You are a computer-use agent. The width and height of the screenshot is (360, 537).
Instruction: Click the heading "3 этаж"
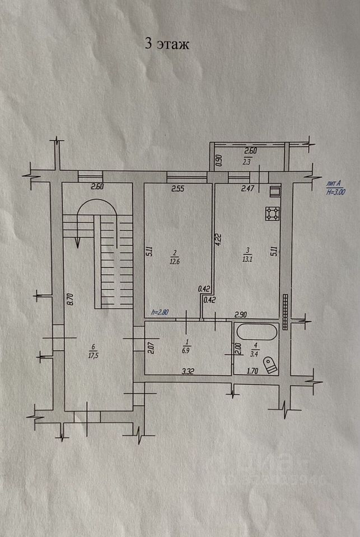click(167, 45)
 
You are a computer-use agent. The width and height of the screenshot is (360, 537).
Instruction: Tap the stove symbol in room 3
click(272, 213)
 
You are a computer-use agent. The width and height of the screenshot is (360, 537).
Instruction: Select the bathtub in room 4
click(256, 332)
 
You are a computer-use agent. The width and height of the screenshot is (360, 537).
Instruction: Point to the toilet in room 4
click(271, 365)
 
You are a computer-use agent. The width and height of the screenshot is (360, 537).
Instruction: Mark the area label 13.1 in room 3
click(246, 260)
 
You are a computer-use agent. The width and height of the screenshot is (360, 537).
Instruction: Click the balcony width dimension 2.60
click(251, 150)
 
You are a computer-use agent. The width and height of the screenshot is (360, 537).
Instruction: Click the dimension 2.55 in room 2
click(178, 189)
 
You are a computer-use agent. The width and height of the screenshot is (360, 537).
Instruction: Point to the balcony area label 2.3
click(247, 162)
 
